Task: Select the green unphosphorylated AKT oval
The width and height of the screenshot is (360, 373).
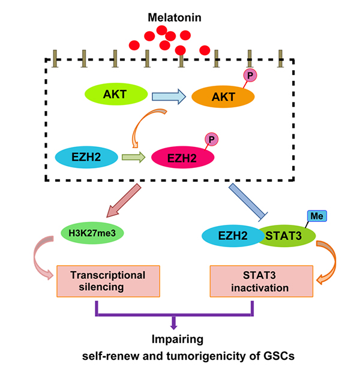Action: click(114, 95)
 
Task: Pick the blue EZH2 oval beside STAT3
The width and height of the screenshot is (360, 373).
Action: click(228, 236)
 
